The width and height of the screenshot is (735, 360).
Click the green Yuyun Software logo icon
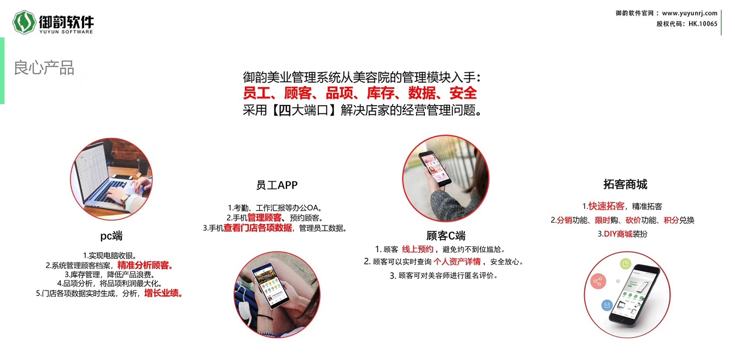point(24,22)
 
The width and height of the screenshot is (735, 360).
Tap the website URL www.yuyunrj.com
point(690,13)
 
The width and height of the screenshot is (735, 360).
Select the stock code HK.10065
point(703,24)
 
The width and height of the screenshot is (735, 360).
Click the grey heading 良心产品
point(44,68)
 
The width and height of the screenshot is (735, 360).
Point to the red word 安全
point(463,93)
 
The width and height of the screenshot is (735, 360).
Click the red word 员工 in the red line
point(256,93)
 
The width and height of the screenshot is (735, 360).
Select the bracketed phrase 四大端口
point(304,110)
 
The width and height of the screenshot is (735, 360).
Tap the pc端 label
point(111,236)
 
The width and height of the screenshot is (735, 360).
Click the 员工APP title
point(277,185)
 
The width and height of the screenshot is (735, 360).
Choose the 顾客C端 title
point(446,235)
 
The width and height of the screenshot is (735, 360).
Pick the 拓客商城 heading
point(625,184)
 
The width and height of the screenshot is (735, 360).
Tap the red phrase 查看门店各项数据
point(258,228)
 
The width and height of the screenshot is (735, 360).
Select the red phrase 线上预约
point(417,249)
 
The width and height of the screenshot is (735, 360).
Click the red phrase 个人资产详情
point(457,262)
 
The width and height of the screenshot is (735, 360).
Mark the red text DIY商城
point(618,234)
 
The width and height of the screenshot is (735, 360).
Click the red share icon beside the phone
point(598,281)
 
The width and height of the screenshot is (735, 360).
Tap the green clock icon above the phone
point(626,264)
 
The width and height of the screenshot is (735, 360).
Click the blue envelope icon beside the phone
point(607,305)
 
